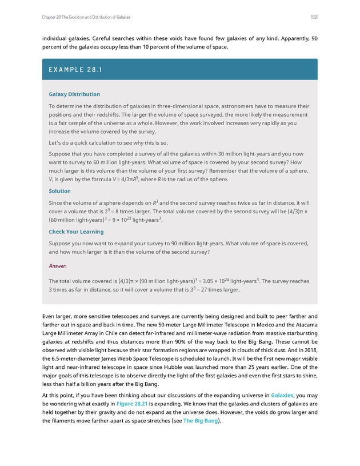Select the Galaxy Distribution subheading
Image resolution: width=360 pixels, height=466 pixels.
coord(74,94)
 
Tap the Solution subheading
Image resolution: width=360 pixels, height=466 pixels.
coord(59,191)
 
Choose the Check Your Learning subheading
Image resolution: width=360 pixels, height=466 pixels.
coord(76,232)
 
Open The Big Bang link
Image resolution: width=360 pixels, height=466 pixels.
coord(201,423)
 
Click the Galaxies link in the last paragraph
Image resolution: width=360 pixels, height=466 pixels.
coord(282,395)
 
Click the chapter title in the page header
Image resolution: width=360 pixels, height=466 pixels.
coord(86,17)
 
